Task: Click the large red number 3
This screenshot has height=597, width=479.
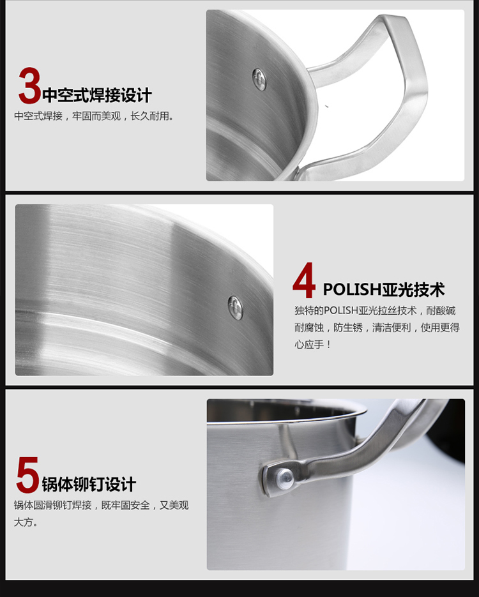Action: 29,86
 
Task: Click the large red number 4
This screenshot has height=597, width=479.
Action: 304,280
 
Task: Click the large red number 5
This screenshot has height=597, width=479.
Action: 27,475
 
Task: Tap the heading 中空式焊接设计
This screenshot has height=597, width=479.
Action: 97,94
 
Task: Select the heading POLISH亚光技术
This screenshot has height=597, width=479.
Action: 384,290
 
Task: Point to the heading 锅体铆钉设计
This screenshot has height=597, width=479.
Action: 89,484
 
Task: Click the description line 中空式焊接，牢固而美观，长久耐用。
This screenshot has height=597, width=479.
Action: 94,116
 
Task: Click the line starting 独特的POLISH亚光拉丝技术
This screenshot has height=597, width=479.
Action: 375,311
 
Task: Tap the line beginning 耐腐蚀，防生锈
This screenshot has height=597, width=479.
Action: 377,328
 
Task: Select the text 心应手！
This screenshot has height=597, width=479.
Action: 312,345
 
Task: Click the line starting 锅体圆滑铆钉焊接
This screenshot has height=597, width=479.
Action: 102,505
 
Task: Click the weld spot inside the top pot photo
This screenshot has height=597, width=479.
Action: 259,80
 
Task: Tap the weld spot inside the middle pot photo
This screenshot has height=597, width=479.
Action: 235,308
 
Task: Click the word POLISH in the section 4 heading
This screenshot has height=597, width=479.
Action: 353,290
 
